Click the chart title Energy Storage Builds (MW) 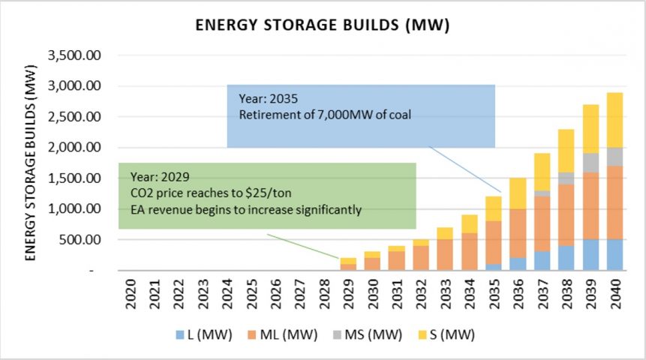[x=322, y=25]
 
